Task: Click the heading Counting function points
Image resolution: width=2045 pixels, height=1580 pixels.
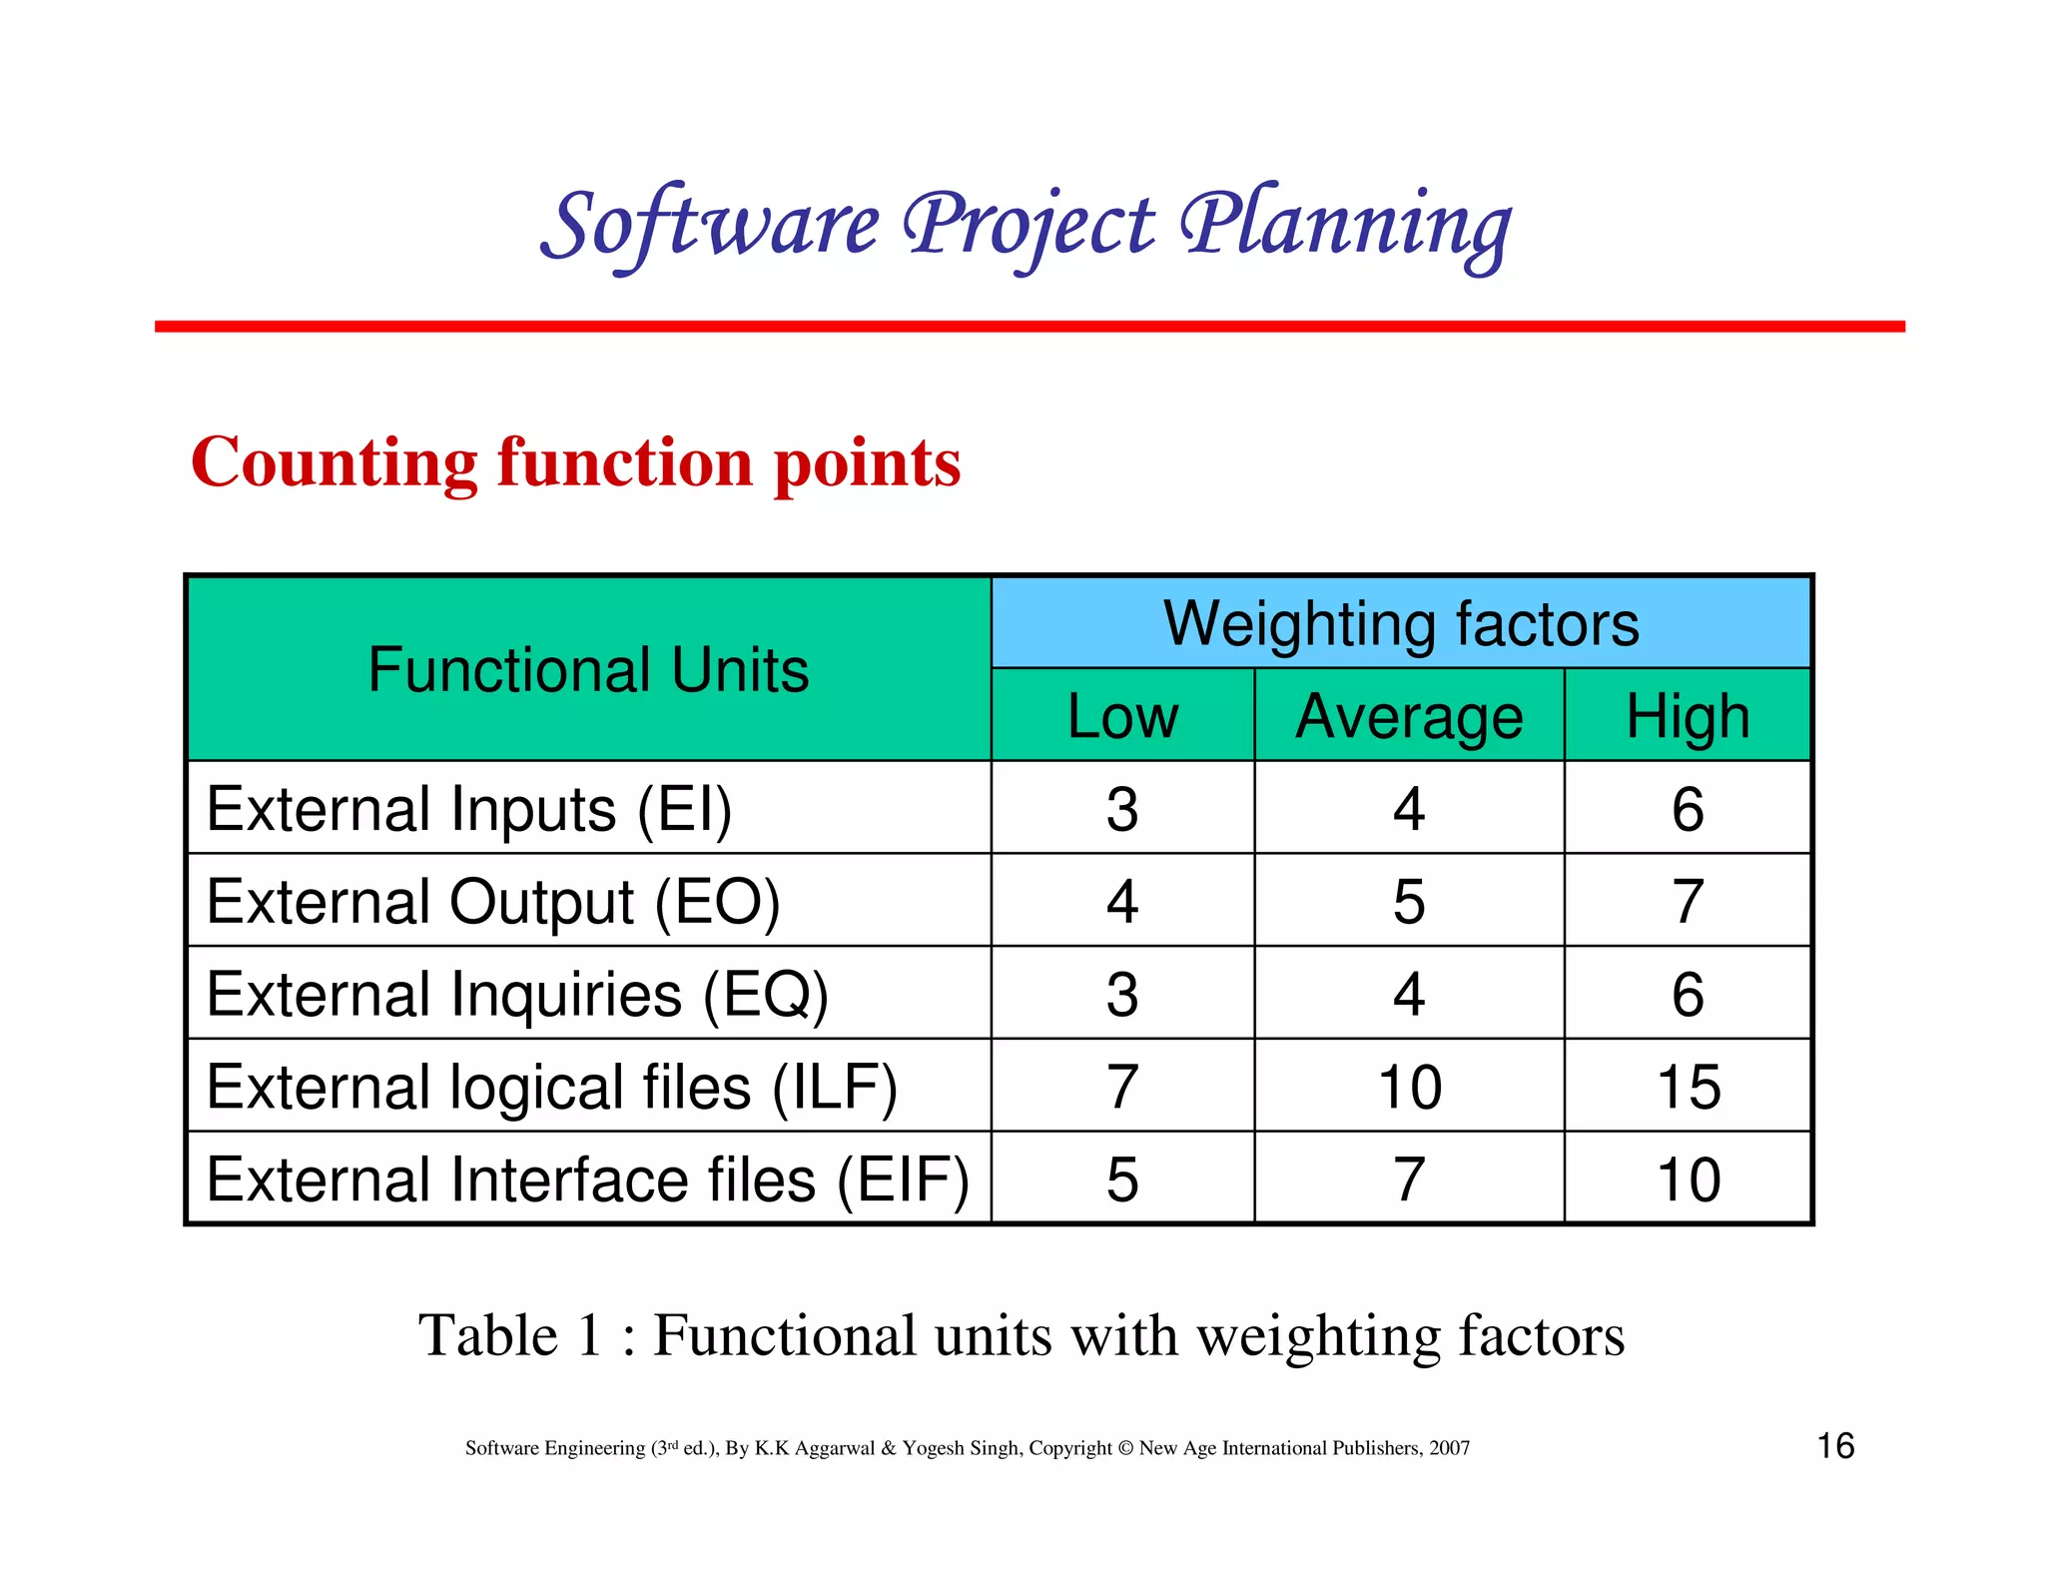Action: pyautogui.click(x=575, y=462)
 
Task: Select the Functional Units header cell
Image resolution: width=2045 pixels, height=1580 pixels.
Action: pyautogui.click(x=588, y=669)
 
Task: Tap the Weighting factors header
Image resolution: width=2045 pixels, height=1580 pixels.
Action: pyautogui.click(x=1401, y=623)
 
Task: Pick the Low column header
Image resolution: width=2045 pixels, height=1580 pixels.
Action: pyautogui.click(x=1122, y=716)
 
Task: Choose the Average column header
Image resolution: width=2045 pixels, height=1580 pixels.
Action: pyautogui.click(x=1409, y=716)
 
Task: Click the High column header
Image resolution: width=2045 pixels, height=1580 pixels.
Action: pyautogui.click(x=1688, y=716)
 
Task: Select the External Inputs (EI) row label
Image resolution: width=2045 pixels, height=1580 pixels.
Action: pyautogui.click(x=469, y=808)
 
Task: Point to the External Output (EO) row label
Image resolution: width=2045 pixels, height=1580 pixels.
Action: pyautogui.click(x=493, y=901)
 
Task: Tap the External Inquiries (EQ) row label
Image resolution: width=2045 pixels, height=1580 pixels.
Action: pyautogui.click(x=517, y=994)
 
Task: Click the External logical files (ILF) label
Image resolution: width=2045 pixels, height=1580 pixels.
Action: pyautogui.click(x=551, y=1087)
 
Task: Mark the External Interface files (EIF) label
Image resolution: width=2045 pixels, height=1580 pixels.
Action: pyautogui.click(x=587, y=1180)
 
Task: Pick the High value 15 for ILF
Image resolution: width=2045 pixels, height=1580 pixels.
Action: pyautogui.click(x=1689, y=1087)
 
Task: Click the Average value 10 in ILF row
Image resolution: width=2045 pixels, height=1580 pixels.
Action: pyautogui.click(x=1409, y=1087)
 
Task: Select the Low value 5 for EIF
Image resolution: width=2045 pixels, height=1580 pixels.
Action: pyautogui.click(x=1122, y=1180)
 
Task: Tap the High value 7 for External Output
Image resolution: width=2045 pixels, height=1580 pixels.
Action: pyautogui.click(x=1688, y=901)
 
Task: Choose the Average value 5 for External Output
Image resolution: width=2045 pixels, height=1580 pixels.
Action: pyautogui.click(x=1409, y=901)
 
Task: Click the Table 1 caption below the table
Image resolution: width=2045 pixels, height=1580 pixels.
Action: pyautogui.click(x=1021, y=1335)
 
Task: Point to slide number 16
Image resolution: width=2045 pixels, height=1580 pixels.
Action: pyautogui.click(x=1834, y=1445)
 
